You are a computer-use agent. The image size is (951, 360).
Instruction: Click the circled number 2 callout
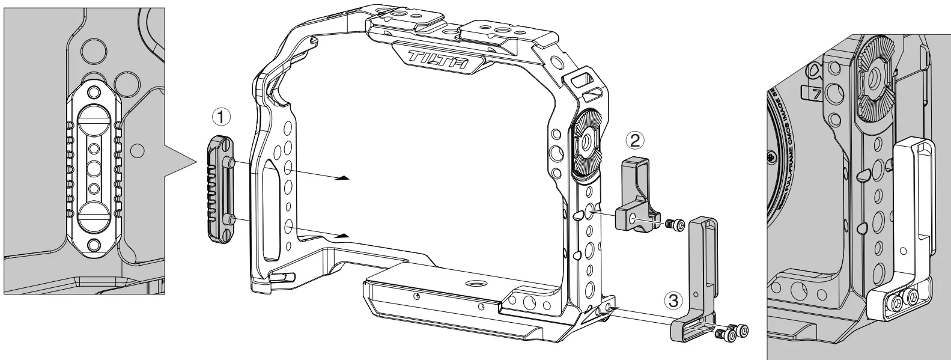coord(635,140)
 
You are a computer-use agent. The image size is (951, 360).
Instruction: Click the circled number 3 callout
coord(673,299)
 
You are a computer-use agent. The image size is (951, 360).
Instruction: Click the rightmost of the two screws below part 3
coord(743,330)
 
